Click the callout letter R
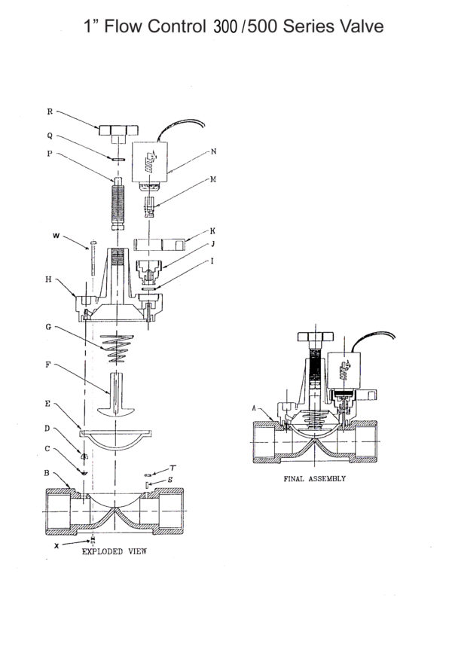(x=50, y=111)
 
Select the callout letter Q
(x=50, y=136)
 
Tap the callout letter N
(x=214, y=151)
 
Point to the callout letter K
(x=213, y=230)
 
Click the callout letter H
(x=49, y=279)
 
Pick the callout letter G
(x=49, y=328)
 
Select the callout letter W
(x=56, y=237)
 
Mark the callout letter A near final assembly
(x=255, y=407)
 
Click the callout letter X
(x=56, y=545)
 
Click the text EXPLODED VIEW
(x=113, y=551)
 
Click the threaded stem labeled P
(x=115, y=205)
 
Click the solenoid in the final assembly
(x=347, y=370)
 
